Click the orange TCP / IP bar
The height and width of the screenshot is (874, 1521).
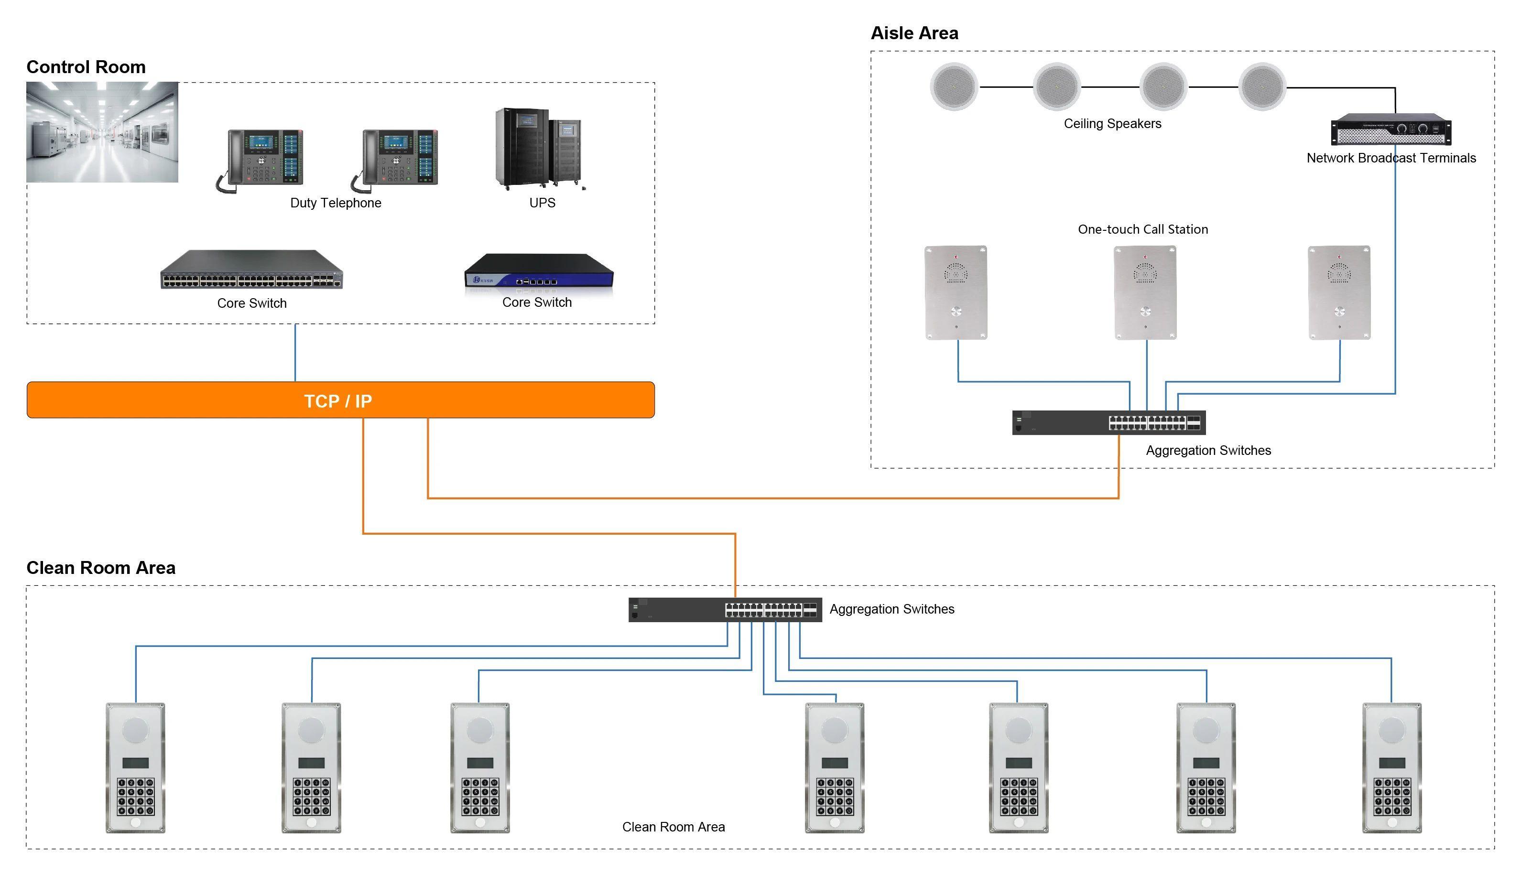point(340,400)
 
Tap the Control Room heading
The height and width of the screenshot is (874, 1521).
point(86,66)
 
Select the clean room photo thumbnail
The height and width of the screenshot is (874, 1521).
point(102,132)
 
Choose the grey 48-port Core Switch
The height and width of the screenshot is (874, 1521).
point(251,270)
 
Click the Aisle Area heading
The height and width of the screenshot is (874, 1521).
point(914,33)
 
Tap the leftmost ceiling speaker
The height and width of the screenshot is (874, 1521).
point(954,87)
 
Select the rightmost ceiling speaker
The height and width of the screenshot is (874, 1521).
point(1262,87)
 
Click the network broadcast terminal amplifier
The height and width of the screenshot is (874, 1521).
point(1391,129)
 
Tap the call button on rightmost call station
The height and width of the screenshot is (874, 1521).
point(1339,312)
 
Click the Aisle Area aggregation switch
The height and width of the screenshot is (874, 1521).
point(1108,422)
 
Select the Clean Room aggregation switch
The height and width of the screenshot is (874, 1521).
point(725,610)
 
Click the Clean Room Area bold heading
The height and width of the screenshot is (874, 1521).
point(101,567)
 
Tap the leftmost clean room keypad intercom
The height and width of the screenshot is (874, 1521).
point(136,768)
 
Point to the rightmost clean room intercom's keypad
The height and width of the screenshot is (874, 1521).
point(1392,797)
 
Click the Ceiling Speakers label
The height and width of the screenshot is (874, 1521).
point(1112,124)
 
